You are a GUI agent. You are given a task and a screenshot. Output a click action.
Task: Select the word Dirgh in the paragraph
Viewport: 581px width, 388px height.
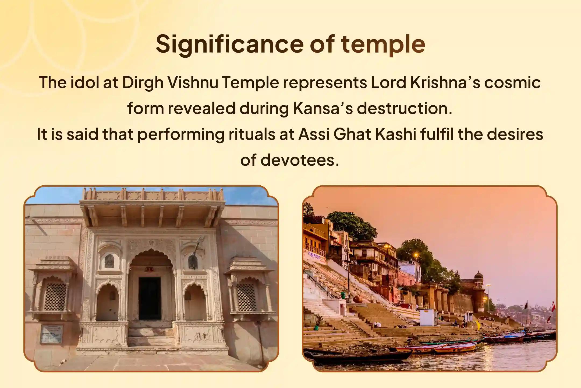tap(143, 82)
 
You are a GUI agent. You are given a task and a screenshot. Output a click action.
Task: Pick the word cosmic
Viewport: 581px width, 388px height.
tap(513, 82)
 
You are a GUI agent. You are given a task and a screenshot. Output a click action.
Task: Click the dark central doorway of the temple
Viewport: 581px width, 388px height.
tap(150, 298)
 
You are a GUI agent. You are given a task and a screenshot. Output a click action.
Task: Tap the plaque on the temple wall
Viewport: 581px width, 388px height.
tap(51, 334)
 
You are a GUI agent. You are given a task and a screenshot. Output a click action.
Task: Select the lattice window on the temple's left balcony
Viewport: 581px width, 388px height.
tap(55, 297)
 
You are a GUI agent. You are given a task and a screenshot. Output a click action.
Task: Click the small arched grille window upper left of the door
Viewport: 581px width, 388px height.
tap(109, 261)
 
